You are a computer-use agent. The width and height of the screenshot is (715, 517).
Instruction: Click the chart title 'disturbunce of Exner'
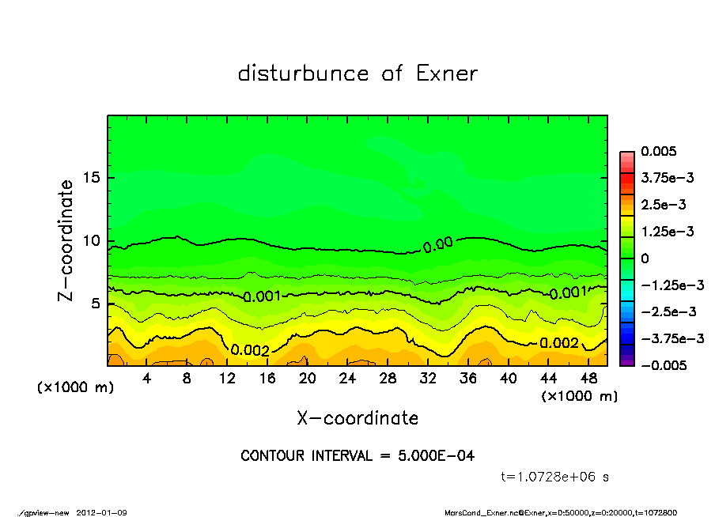coord(357,74)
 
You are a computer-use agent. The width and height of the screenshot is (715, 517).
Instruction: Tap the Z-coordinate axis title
coord(66,240)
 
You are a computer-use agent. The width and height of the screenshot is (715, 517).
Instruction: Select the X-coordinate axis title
coord(357,417)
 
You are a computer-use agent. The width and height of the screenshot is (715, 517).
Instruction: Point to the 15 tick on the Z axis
coord(92,177)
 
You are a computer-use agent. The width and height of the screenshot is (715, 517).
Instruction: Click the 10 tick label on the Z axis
coord(92,240)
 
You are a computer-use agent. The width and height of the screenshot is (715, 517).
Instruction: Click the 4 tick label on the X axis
coord(147,379)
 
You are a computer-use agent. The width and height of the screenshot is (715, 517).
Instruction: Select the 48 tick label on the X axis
coord(588,379)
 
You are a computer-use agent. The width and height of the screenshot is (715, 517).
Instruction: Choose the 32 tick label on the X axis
coord(428,379)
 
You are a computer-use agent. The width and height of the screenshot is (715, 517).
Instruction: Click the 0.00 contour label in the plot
coord(437,245)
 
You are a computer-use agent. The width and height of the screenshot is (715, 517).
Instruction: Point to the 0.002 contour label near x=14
coord(251,350)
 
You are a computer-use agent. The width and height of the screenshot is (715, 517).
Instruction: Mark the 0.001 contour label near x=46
coord(568,293)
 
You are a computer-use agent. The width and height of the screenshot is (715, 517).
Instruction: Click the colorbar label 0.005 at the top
coord(656,151)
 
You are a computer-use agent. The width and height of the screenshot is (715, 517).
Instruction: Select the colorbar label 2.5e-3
coord(663,205)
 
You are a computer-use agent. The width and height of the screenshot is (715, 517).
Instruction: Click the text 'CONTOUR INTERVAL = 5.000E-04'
coord(357,456)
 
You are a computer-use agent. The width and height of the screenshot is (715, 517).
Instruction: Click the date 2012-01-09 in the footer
coord(102,512)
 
